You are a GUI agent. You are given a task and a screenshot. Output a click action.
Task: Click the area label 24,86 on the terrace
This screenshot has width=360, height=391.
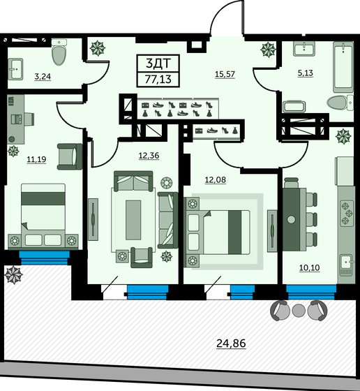coord(231,343)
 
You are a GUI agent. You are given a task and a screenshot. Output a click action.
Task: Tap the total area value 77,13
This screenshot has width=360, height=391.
coord(158,80)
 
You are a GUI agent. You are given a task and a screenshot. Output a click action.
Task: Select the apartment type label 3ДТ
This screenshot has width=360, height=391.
coord(158,64)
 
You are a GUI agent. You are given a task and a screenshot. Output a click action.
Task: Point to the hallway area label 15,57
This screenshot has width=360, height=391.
coord(225,74)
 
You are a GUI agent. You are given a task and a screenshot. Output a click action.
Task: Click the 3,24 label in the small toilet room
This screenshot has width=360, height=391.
coord(43,76)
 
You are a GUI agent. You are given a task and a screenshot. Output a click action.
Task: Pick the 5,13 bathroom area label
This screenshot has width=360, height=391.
coord(306,73)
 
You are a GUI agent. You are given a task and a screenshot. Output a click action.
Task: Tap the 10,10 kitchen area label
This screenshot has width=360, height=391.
coord(310,267)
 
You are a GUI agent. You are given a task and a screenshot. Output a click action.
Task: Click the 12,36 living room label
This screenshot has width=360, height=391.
coord(149,155)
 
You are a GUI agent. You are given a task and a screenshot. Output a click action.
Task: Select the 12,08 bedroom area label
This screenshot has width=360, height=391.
coord(216,179)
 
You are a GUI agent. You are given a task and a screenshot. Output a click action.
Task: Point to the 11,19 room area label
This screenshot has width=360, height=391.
coord(36,159)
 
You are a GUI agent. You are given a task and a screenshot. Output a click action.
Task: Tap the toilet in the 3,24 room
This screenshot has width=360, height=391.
coord(59,52)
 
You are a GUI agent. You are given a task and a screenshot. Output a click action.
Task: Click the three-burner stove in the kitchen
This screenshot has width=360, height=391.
coord(347,213)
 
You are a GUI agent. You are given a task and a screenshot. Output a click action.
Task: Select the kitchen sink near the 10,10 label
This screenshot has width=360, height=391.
coord(347,265)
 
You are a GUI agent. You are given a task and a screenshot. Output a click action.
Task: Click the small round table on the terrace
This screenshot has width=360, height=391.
coord(299,311)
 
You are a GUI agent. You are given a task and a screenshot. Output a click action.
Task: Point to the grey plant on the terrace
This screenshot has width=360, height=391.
coord(13,275)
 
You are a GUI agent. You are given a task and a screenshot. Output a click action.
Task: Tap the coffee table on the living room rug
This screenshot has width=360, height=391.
coord(133,220)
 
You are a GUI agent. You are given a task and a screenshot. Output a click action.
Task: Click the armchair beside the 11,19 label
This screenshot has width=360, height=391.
coord(70,156)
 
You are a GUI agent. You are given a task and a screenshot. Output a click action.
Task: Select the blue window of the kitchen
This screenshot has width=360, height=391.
coord(311,292)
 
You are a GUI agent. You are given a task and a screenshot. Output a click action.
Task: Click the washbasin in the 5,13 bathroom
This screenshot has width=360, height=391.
coord(304,49)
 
